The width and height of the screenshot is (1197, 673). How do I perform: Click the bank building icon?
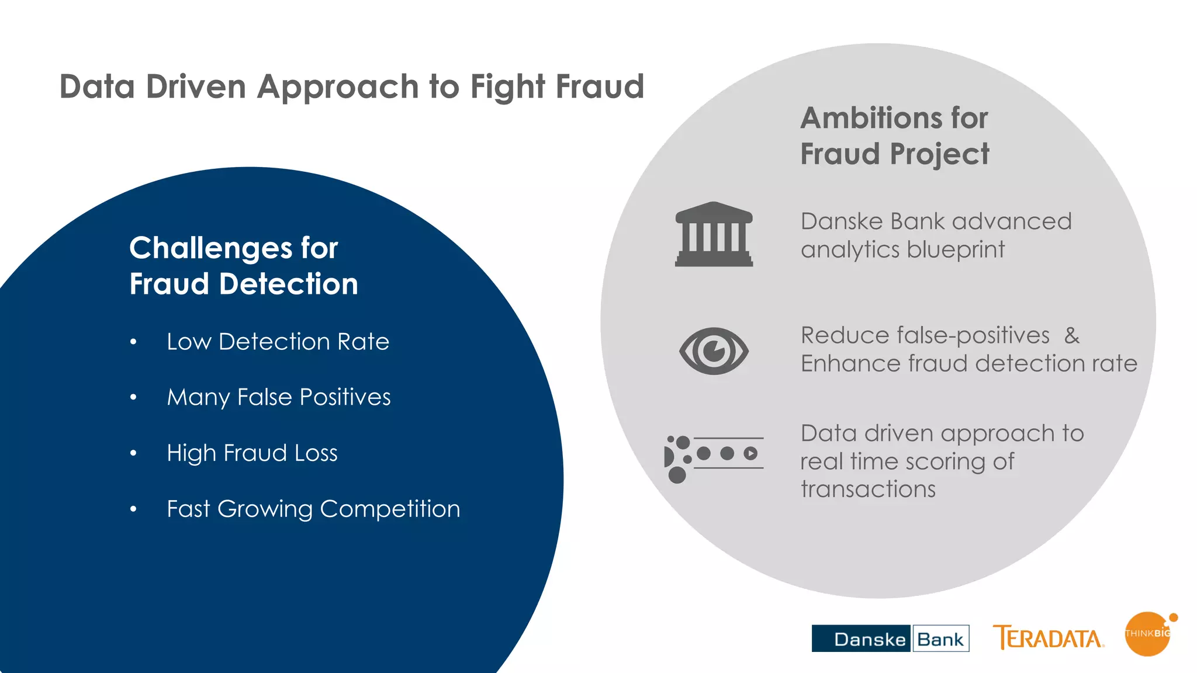[714, 235]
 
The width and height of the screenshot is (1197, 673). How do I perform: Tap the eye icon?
[714, 351]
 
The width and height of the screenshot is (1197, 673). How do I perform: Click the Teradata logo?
[1048, 637]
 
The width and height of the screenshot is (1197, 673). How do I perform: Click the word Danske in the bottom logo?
[869, 639]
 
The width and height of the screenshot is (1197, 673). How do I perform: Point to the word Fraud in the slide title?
[600, 86]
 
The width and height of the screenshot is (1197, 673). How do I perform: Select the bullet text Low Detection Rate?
[278, 341]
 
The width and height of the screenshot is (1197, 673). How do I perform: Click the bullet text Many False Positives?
[278, 397]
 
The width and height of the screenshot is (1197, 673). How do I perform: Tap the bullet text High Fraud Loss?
[252, 453]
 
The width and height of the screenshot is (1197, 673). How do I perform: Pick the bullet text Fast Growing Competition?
[313, 509]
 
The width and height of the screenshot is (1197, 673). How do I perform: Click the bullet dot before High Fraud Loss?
[133, 453]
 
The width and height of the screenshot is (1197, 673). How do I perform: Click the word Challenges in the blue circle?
[210, 248]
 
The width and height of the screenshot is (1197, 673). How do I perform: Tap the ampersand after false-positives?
[1072, 336]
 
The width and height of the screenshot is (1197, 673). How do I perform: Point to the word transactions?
[868, 489]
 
